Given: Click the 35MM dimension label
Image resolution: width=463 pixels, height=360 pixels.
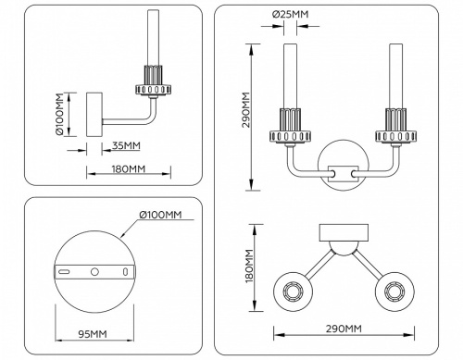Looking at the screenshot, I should [126, 145].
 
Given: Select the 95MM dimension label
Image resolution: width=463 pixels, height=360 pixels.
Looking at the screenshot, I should [90, 334].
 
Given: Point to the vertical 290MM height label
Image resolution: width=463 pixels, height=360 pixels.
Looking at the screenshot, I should [245, 112].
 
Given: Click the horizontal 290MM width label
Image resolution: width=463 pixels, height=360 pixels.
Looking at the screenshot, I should [343, 329].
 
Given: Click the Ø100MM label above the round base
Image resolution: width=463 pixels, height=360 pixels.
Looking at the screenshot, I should [159, 215].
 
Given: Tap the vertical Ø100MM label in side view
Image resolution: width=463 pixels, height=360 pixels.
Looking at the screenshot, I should [57, 115].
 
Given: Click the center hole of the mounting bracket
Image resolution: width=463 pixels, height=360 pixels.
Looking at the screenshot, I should [94, 271].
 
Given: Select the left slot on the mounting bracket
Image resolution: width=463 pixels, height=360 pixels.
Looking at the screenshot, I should [64, 271].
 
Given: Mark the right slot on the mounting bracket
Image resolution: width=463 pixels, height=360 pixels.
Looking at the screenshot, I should [123, 271].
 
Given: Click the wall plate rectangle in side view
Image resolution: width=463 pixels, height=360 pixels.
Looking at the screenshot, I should [93, 116].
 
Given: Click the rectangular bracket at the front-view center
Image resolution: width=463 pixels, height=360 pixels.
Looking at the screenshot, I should [343, 172].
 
